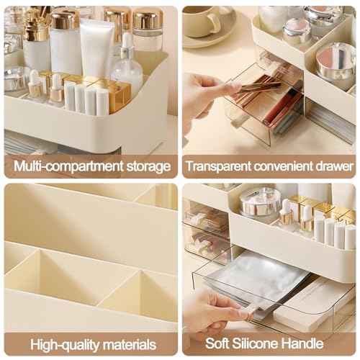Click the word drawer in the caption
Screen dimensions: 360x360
(x=336, y=166)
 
